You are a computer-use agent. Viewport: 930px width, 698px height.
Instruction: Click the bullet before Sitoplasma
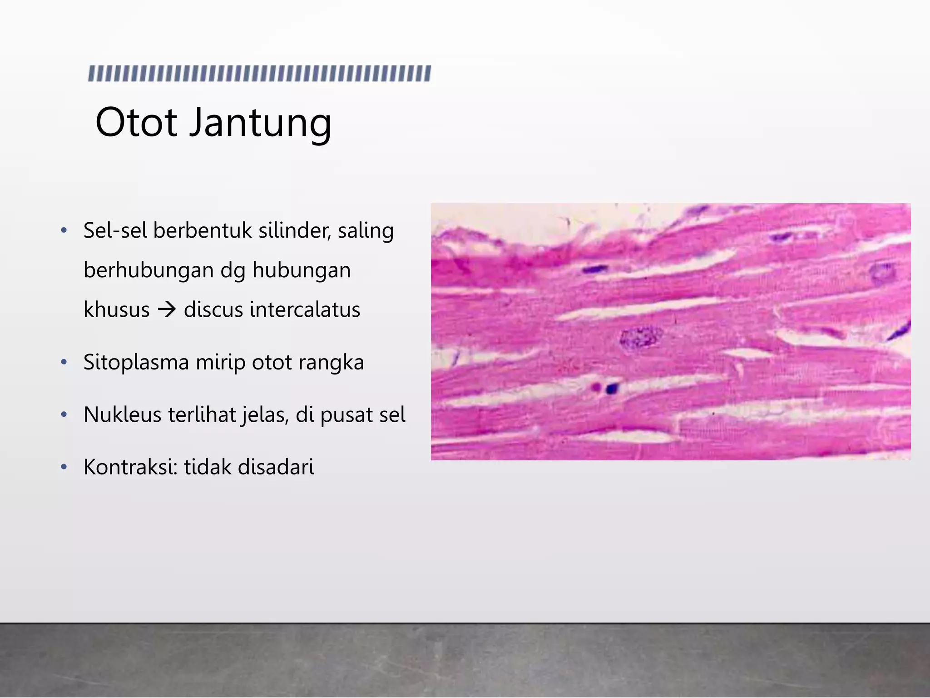tap(64, 363)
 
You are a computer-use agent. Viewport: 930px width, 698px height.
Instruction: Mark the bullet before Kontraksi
tap(64, 467)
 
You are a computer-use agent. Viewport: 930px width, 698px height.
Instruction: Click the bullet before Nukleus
tap(64, 414)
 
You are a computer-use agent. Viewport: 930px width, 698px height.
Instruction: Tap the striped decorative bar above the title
tap(259, 74)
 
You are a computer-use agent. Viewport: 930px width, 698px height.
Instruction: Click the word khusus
tap(117, 310)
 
